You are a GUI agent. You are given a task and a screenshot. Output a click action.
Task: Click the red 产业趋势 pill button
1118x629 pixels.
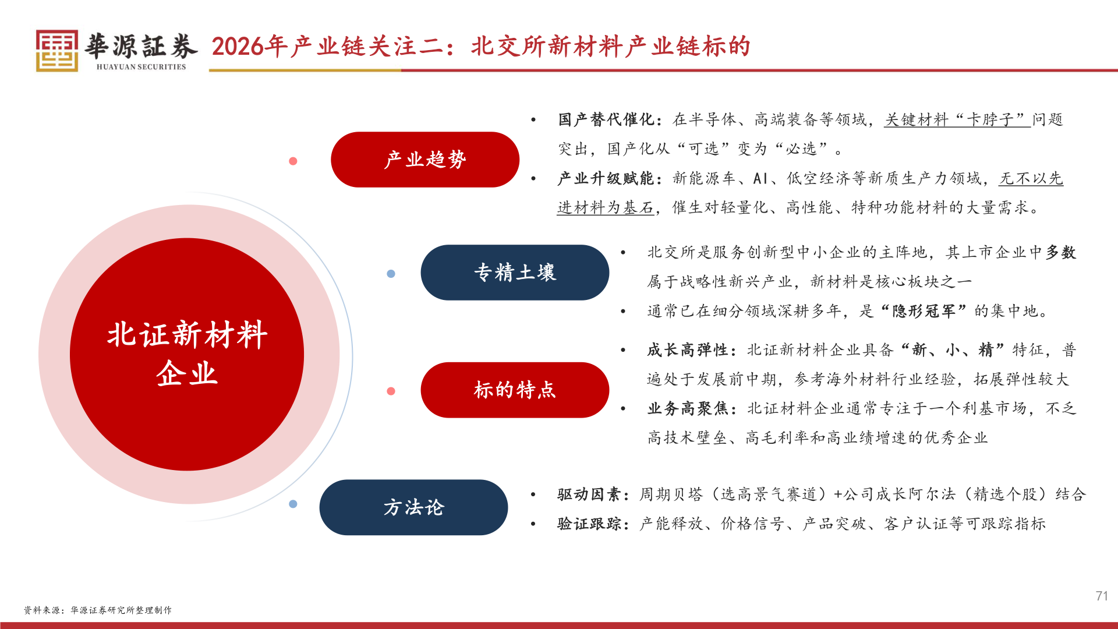pos(424,160)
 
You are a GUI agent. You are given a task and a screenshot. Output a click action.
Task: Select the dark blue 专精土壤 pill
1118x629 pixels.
pos(515,273)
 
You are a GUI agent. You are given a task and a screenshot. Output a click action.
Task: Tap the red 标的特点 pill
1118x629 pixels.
pos(515,390)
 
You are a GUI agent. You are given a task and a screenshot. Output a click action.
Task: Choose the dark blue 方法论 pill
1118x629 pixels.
pos(413,507)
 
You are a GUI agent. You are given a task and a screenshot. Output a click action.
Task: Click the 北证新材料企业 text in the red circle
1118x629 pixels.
pos(187,354)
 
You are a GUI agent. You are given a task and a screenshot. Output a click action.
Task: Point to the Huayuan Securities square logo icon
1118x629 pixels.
pos(57,51)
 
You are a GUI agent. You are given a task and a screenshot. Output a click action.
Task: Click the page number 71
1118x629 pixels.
pos(1101,596)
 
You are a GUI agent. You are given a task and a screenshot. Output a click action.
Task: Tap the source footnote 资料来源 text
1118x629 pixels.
pos(98,610)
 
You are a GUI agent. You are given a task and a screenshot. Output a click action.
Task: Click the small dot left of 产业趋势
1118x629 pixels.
pos(293,161)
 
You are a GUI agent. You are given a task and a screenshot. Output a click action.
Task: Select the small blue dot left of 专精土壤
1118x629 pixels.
pos(391,274)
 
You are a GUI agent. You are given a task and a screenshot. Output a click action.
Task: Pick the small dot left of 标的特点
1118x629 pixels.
pos(391,391)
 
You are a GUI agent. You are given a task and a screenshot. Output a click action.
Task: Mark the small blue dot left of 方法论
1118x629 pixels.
pos(293,504)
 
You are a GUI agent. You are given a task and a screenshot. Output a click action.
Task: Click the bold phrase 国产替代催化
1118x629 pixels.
pos(606,119)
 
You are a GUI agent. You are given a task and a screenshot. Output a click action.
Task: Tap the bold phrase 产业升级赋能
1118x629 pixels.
pos(606,178)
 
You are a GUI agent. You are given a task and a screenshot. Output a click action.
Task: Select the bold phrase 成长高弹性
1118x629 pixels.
pos(688,350)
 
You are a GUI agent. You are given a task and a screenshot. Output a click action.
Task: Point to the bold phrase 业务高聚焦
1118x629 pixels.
pos(688,408)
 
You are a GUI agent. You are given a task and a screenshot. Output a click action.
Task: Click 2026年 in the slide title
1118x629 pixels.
pos(250,47)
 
